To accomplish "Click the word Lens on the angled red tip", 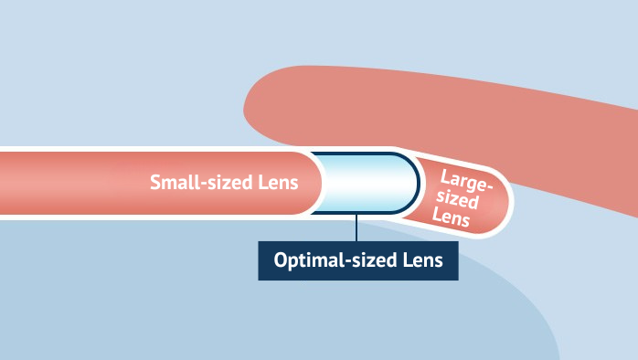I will point(454,219).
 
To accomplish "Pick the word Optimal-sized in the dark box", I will point(331,260).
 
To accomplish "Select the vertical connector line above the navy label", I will point(356,228).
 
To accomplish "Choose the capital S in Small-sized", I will point(156,182).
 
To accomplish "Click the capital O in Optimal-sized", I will point(281,260).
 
